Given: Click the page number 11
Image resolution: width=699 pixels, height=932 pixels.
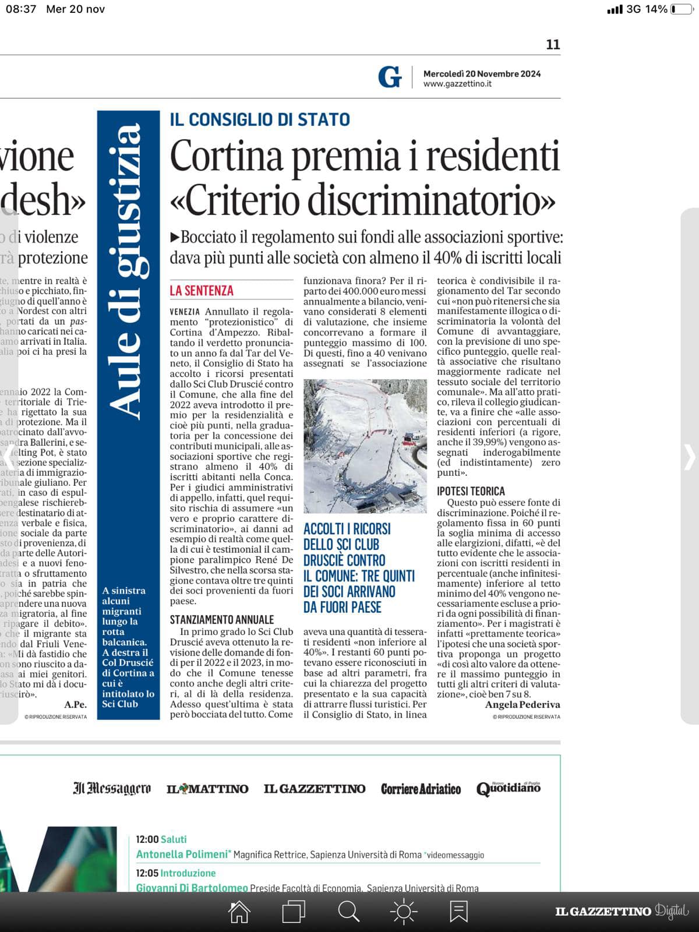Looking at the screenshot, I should click(x=553, y=44).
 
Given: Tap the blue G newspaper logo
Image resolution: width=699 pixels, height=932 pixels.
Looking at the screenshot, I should click(x=390, y=77).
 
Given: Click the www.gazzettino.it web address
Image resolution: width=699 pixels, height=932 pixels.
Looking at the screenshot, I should click(x=457, y=84).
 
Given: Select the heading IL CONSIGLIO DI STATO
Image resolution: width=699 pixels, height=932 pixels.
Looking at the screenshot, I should click(x=260, y=119).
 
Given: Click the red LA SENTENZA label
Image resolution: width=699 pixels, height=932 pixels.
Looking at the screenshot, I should click(x=202, y=291).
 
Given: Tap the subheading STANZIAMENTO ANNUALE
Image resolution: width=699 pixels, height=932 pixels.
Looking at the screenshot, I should click(x=222, y=620).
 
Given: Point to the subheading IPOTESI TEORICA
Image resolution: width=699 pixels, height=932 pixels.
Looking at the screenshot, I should click(x=471, y=491).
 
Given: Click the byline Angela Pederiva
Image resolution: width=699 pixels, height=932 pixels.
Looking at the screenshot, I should click(x=523, y=705).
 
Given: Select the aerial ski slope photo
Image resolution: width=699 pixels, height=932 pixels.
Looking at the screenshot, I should click(x=365, y=446).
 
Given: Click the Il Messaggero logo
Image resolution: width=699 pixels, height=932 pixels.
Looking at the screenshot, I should click(x=112, y=789).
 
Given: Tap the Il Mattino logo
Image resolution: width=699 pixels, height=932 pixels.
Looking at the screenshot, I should click(x=207, y=789).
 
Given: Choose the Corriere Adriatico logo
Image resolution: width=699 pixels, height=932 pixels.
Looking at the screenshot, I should click(x=421, y=789).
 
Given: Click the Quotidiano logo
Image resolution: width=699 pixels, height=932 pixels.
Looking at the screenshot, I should click(x=508, y=789).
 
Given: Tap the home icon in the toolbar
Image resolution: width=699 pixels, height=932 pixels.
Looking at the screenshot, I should click(x=239, y=912).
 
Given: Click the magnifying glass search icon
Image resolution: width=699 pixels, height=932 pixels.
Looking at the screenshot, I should click(x=348, y=912).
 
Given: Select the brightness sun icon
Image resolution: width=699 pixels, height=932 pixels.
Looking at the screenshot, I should click(x=404, y=912).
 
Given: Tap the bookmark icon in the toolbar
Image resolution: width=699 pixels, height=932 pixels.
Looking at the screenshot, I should click(x=458, y=912).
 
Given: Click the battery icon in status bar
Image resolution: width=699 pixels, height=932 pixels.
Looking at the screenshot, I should click(x=681, y=9).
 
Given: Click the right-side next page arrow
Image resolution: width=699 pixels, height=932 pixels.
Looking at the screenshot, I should click(x=689, y=457).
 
